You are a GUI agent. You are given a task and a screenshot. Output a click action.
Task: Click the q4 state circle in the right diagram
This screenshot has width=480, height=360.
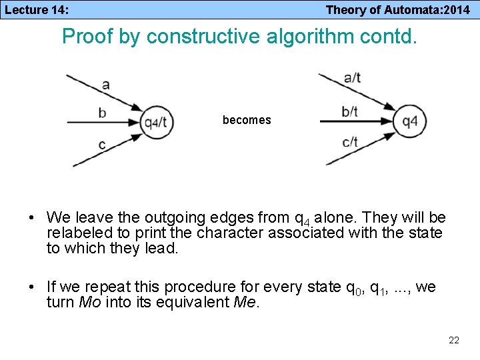pos(409,122)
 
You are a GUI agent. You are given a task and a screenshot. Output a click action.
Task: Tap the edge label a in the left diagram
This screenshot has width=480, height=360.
pos(105,84)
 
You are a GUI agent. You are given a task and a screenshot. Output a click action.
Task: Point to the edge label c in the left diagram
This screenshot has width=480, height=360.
pos(101,144)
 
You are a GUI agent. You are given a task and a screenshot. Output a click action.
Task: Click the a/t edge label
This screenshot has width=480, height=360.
pos(351,77)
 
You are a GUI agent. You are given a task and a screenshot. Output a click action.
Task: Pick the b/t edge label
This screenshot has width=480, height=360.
pos(349,111)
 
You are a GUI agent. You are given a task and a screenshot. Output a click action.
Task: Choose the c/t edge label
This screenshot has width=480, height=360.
pos(349,141)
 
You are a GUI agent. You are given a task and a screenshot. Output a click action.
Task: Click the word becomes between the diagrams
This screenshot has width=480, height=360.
pos(247,120)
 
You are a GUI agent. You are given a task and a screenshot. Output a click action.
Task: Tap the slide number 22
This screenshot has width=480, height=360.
pos(454,341)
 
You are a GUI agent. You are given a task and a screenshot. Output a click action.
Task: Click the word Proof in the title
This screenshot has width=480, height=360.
pos(85,36)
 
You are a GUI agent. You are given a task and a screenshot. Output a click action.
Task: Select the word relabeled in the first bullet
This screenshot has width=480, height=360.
pos(76,233)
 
